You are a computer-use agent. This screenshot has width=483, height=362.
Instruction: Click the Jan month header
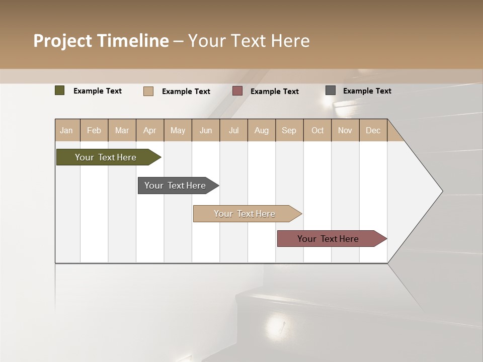(x=66, y=130)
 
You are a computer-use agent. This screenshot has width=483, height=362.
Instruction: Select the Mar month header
(x=122, y=130)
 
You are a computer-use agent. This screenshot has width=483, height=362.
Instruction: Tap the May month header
(x=178, y=130)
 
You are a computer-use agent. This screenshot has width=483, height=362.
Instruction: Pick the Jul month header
(x=233, y=130)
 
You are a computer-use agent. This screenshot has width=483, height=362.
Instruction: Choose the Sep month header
(x=289, y=130)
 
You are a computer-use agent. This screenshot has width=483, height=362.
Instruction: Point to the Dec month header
(x=373, y=130)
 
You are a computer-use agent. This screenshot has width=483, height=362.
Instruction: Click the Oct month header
(x=317, y=130)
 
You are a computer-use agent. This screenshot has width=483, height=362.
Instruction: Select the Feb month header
(x=94, y=130)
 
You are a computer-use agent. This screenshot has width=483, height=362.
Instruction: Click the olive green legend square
(x=59, y=90)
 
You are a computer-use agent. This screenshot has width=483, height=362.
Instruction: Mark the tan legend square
(x=148, y=91)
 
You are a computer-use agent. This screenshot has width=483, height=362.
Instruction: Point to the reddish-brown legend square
(x=237, y=91)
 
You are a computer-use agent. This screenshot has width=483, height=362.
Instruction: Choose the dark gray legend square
(x=330, y=90)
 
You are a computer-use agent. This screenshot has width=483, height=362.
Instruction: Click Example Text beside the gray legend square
(x=367, y=91)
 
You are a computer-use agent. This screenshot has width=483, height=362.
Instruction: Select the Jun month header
(x=206, y=130)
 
